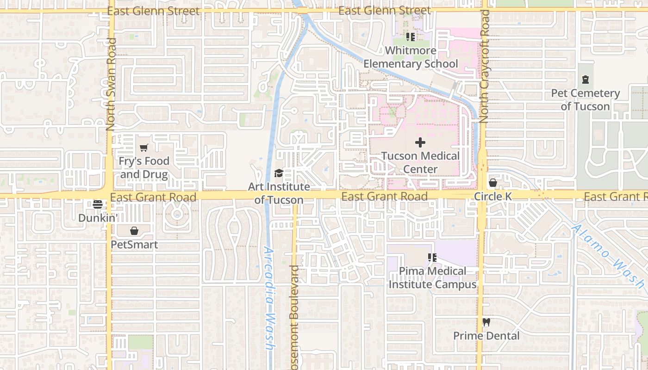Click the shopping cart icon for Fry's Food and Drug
pos(143,148)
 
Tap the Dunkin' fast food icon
pos(97,204)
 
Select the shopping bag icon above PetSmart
pos(134,231)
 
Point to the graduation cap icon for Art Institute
pos(279,173)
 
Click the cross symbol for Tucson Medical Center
pos(420,142)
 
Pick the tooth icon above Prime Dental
pos(486,322)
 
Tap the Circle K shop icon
pos(493,183)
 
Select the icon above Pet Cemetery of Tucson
pos(586,80)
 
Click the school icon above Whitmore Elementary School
pos(410,37)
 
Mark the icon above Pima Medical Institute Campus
pos(432,258)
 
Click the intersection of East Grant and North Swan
pos(110,196)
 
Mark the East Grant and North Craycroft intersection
pos(481,196)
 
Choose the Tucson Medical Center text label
pos(420,162)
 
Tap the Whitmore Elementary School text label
pos(411,57)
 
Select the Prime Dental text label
pos(486,336)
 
